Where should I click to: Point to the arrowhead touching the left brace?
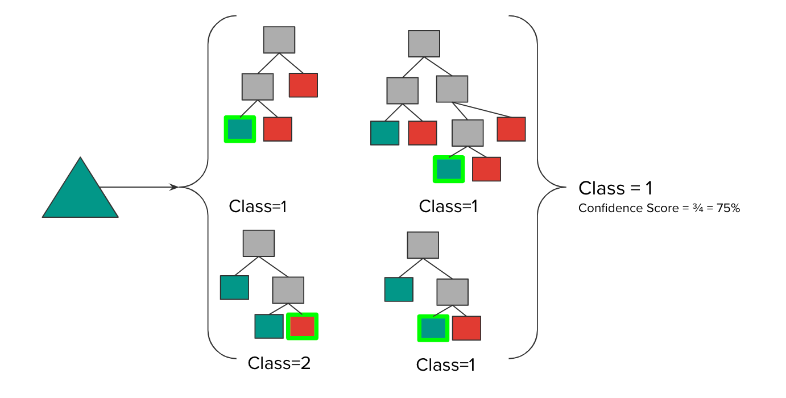[x=174, y=186]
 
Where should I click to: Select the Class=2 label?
[x=279, y=363]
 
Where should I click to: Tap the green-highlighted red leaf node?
[x=302, y=326]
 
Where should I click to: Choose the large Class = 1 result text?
[x=615, y=188]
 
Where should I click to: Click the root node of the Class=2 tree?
[x=259, y=243]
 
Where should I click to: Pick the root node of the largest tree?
[x=424, y=44]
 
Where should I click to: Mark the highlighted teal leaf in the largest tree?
[x=449, y=169]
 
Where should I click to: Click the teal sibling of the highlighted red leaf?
[x=269, y=326]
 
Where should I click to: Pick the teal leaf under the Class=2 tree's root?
[x=234, y=287]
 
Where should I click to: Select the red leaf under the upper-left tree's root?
[x=303, y=85]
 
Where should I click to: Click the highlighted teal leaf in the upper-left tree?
[x=240, y=129]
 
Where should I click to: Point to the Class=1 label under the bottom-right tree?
[x=445, y=364]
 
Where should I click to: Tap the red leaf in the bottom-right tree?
[x=466, y=328]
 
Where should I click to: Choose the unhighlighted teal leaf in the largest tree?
[x=384, y=133]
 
